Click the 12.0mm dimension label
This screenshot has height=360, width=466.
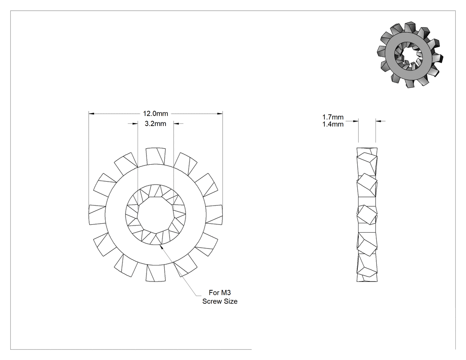pyautogui.click(x=155, y=114)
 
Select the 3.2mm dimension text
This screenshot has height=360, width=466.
pyautogui.click(x=155, y=124)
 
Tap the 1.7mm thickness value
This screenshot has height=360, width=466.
pyautogui.click(x=333, y=117)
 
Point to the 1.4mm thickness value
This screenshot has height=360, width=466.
pyautogui.click(x=333, y=124)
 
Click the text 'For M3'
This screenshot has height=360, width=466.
pyautogui.click(x=220, y=293)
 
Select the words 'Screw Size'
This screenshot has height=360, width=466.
pyautogui.click(x=220, y=301)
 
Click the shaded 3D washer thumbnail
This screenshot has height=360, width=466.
pyautogui.click(x=410, y=55)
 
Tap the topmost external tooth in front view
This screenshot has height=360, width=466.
pyautogui.click(x=156, y=156)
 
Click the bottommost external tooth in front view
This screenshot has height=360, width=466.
pyautogui.click(x=156, y=273)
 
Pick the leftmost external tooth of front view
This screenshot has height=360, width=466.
pyautogui.click(x=97, y=214)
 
